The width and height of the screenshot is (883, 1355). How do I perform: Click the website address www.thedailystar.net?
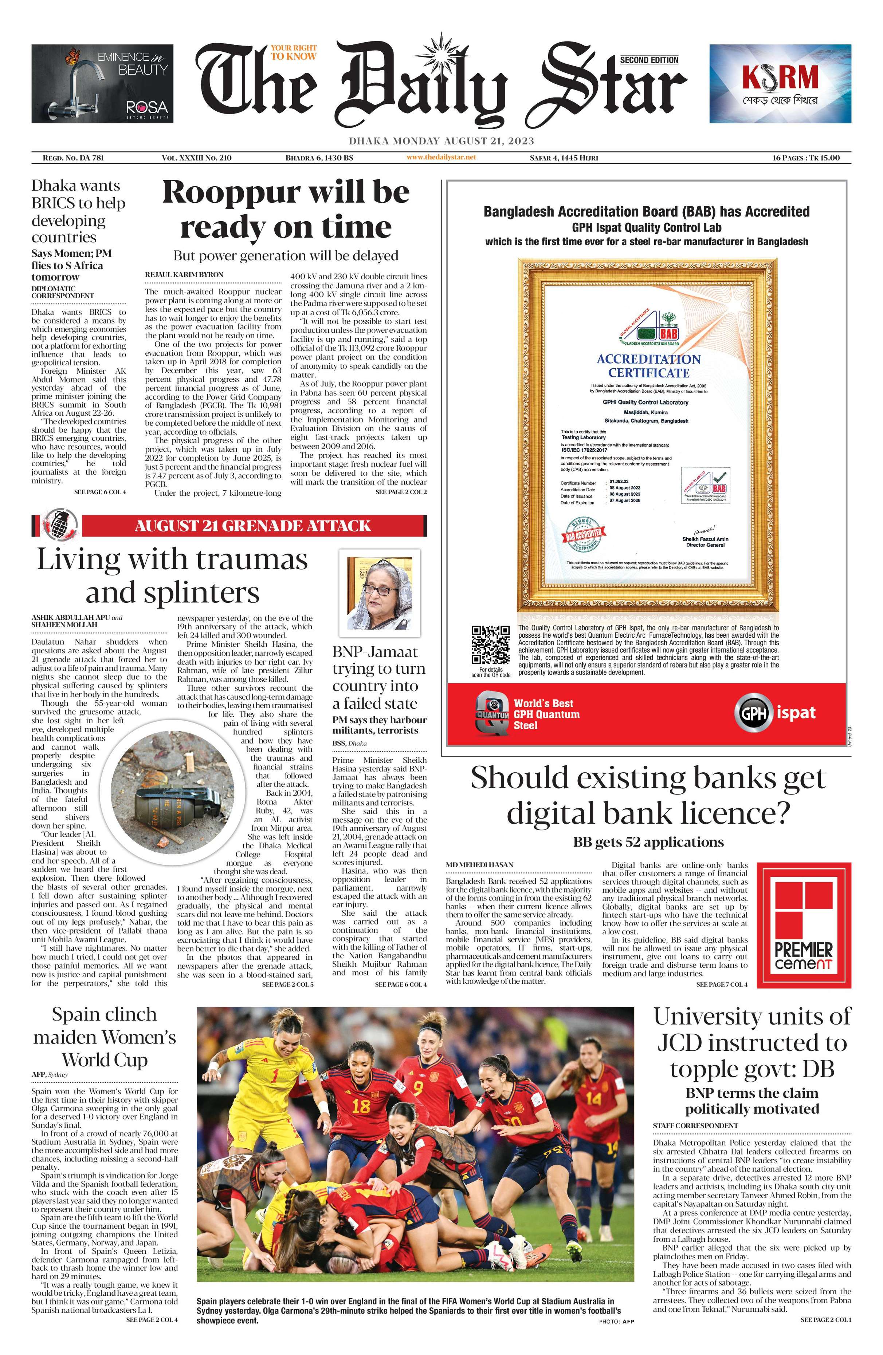[x=441, y=157]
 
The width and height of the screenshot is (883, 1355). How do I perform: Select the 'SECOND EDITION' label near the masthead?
[x=649, y=60]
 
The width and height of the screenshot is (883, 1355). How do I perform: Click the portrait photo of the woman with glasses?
[x=380, y=593]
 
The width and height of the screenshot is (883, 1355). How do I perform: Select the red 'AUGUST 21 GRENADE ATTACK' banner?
[x=253, y=526]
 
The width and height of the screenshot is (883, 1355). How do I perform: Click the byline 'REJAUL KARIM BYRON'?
[x=184, y=274]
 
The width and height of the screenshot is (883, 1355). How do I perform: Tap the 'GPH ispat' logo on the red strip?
[x=777, y=713]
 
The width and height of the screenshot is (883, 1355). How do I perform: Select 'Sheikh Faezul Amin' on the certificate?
[x=705, y=539]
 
